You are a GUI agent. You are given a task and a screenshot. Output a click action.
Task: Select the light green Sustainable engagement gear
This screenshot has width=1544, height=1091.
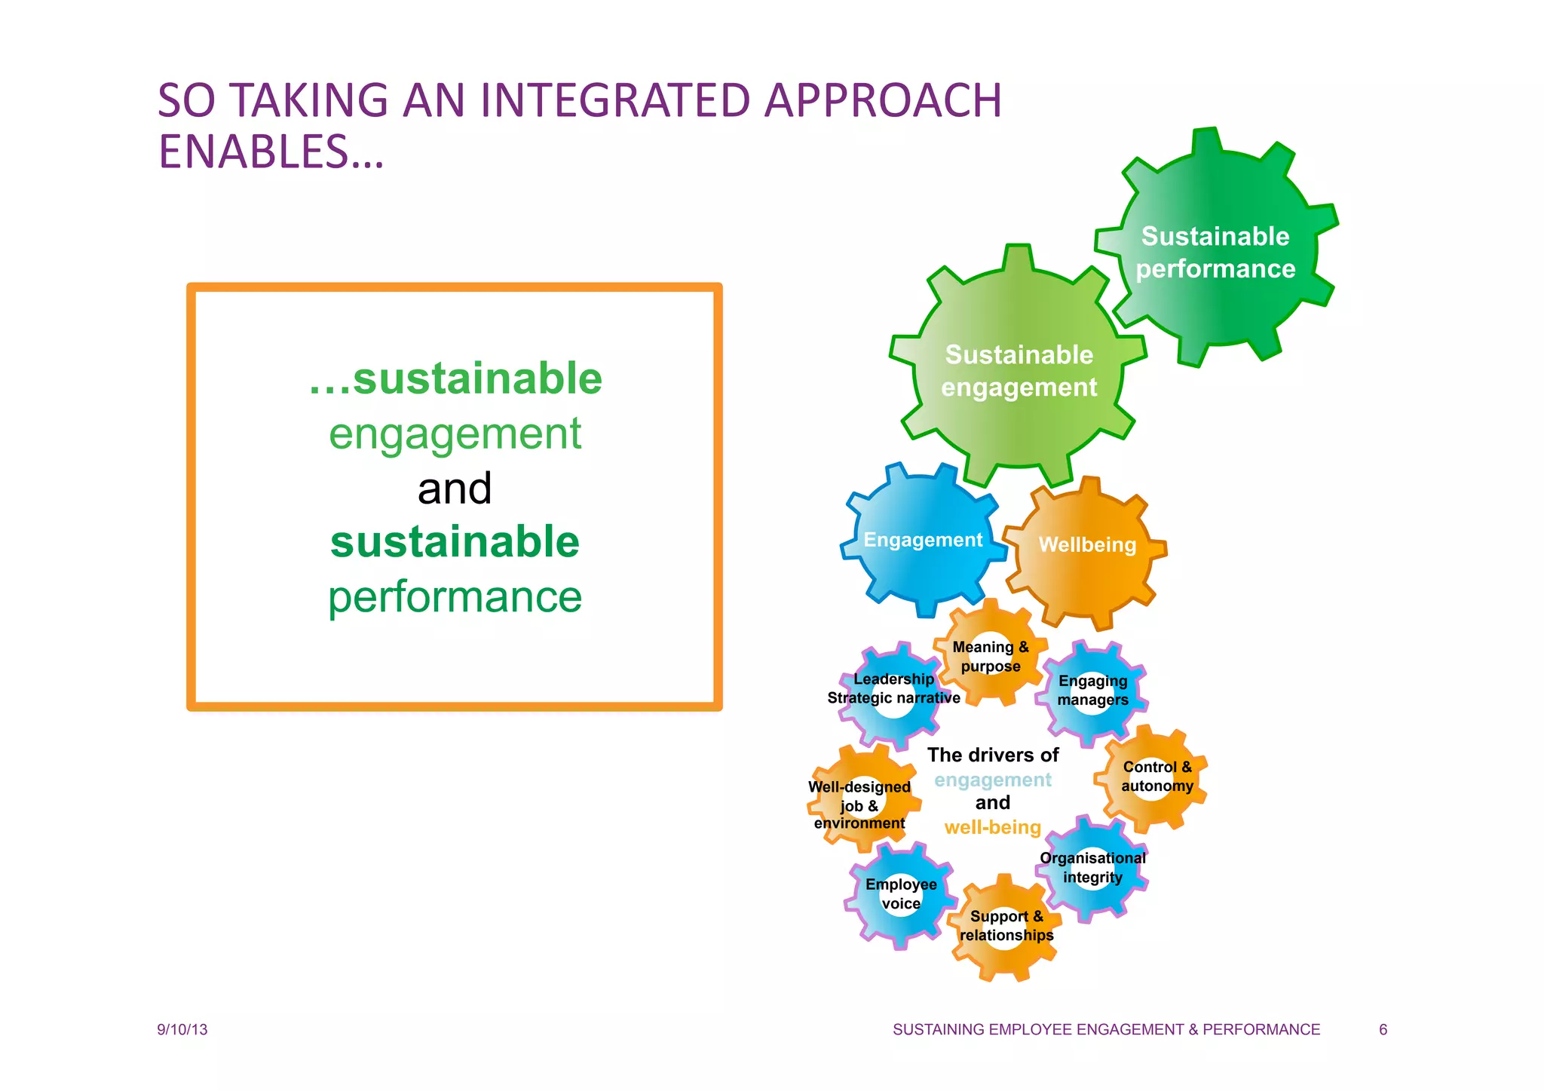pyautogui.click(x=1019, y=369)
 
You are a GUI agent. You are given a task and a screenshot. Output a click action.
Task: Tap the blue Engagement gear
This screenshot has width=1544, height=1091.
pyautogui.click(x=923, y=540)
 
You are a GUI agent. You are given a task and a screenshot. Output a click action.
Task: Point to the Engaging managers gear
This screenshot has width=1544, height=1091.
pyautogui.click(x=1092, y=690)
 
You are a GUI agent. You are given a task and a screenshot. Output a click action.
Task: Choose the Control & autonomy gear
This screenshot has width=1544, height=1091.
pyautogui.click(x=1156, y=777)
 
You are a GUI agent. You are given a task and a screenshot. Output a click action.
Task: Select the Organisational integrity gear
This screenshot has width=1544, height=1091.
pyautogui.click(x=1092, y=868)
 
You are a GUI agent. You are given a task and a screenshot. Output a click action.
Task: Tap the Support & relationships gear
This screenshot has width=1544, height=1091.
pyautogui.click(x=1006, y=926)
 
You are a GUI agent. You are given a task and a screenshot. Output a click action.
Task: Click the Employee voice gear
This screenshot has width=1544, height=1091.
pyautogui.click(x=901, y=894)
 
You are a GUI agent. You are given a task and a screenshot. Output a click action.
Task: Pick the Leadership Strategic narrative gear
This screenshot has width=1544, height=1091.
pyautogui.click(x=894, y=688)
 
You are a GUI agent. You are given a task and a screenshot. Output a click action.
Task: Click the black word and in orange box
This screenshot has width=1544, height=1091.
pyautogui.click(x=455, y=489)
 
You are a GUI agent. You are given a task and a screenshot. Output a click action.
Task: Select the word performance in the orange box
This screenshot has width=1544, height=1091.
pyautogui.click(x=455, y=597)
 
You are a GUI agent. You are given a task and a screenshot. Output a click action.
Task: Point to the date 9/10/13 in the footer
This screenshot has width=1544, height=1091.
pyautogui.click(x=182, y=1030)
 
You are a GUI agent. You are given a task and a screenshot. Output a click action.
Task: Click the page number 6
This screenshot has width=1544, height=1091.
pyautogui.click(x=1383, y=1030)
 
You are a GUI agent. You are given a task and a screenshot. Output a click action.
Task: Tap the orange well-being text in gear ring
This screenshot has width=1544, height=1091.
pyautogui.click(x=992, y=828)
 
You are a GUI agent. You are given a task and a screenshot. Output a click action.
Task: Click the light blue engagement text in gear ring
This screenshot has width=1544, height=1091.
pyautogui.click(x=992, y=780)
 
